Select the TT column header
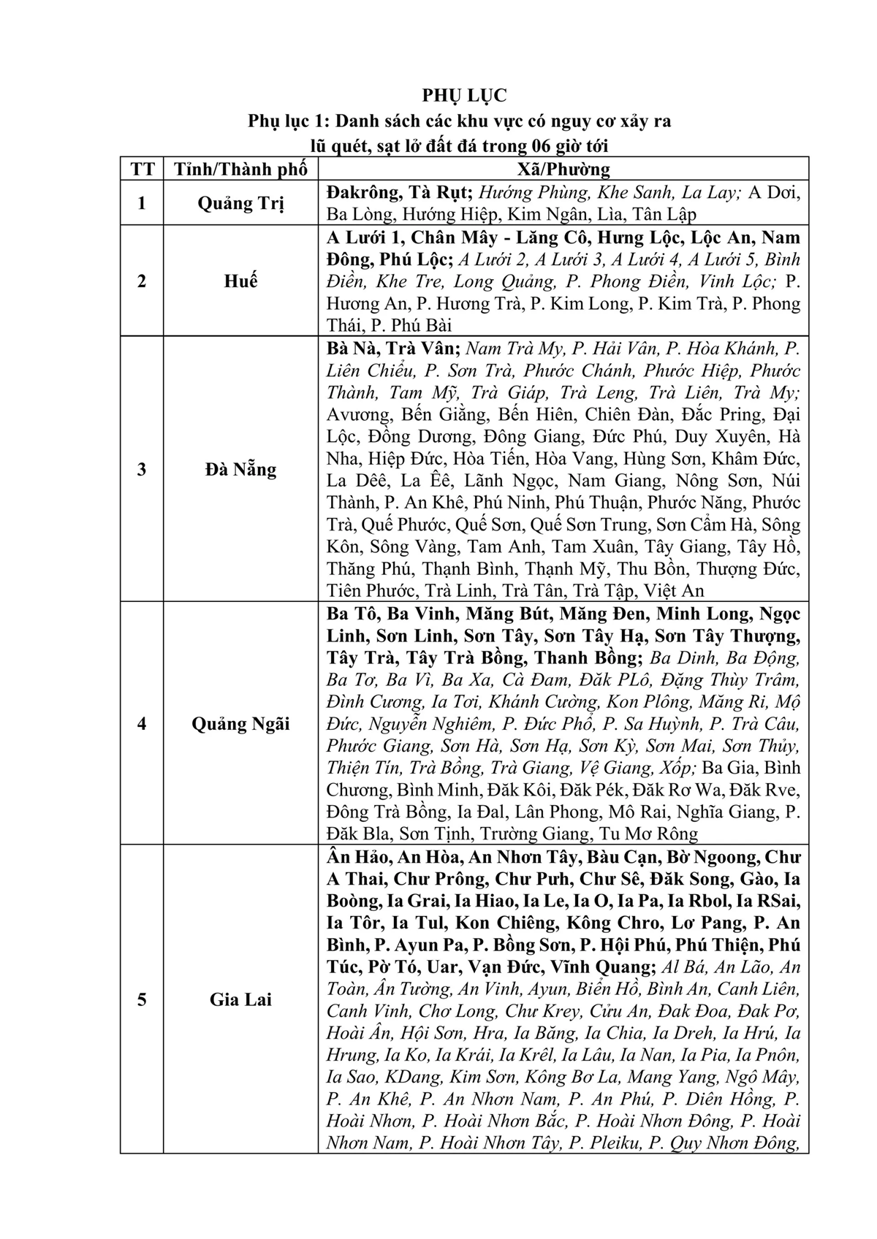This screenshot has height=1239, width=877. click(143, 169)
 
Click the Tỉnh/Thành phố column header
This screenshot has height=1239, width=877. click(240, 169)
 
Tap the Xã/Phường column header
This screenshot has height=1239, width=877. click(563, 169)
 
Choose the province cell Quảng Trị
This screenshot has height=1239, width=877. click(240, 203)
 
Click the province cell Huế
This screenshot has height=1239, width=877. click(240, 281)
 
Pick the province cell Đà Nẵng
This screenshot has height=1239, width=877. click(240, 469)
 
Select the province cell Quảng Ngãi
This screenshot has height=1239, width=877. click(240, 724)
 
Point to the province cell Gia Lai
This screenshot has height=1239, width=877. click(240, 999)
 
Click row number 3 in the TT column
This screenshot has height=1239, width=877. click(143, 469)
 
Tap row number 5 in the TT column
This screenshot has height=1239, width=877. click(143, 999)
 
